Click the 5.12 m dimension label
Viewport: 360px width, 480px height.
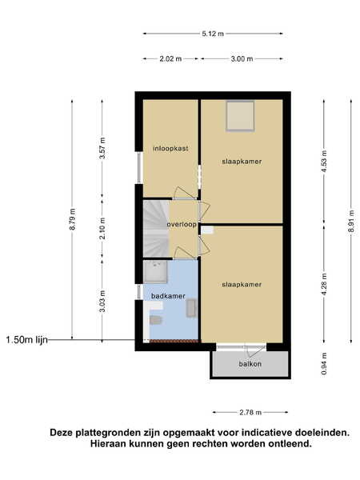213,34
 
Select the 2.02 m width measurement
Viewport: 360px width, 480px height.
170,58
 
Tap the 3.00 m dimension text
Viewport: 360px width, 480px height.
242,58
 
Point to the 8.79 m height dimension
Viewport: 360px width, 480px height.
72,219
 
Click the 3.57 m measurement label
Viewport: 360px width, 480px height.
102,148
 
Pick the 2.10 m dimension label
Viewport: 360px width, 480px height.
102,228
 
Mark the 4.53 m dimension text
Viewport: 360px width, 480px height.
324,161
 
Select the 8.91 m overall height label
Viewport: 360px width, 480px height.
351,221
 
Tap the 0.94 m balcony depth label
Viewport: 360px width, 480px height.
324,364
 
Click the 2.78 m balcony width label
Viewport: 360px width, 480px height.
250,412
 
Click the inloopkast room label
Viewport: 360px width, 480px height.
170,149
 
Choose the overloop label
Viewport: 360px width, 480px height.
182,224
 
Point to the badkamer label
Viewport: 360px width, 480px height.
168,296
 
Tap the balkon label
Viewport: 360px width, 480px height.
250,364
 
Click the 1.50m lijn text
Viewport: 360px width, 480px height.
27,340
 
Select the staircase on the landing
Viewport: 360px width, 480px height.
156,228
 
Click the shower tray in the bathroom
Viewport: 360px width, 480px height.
155,271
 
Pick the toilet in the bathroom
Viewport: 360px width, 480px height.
155,320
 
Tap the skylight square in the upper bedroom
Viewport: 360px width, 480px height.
240,116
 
